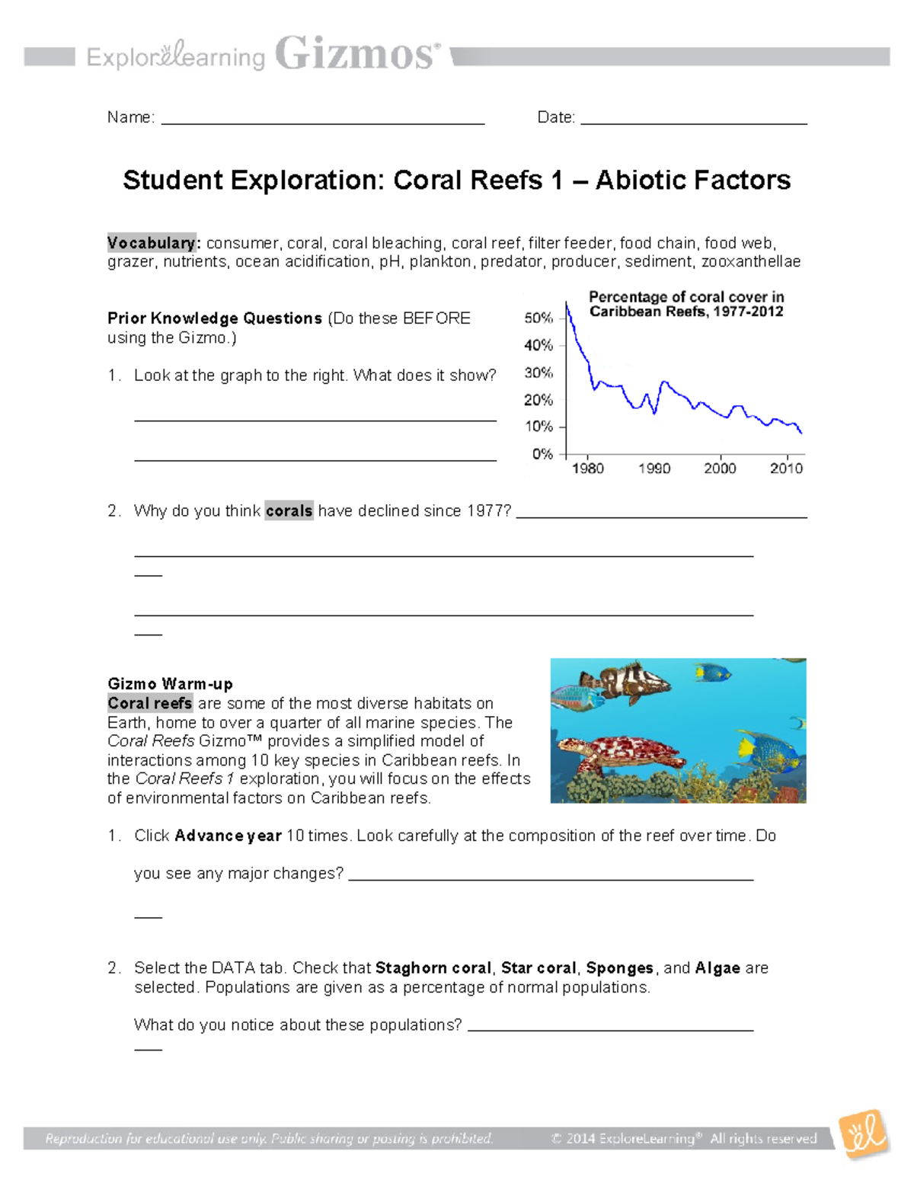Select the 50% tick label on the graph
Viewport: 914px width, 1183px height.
click(x=538, y=318)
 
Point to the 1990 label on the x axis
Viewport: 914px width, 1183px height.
click(x=654, y=468)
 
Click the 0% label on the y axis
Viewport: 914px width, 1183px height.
click(x=542, y=454)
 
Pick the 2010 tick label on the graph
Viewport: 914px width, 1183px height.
click(x=786, y=468)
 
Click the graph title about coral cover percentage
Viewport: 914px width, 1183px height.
click(x=686, y=304)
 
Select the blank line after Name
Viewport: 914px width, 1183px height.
click(x=323, y=121)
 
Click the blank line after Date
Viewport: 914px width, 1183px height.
click(x=693, y=121)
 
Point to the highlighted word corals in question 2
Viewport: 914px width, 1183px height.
click(x=289, y=510)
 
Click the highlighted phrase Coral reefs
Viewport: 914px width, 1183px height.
click(x=150, y=703)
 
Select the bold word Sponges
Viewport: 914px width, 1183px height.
click(x=619, y=968)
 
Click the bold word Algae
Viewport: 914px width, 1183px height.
click(x=717, y=968)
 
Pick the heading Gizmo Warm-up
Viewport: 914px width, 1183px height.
click(x=170, y=683)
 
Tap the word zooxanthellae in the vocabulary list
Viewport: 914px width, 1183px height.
click(x=751, y=262)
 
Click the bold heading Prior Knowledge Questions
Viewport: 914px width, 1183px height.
click(x=215, y=318)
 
